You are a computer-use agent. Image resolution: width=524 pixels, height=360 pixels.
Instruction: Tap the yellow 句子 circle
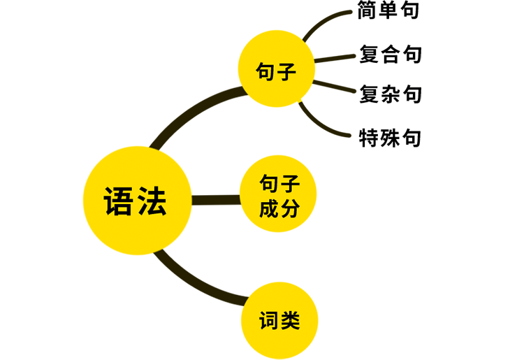(277, 71)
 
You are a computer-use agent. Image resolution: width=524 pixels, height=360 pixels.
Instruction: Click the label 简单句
(388, 12)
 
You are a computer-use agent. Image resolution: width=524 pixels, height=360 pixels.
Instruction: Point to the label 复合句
(391, 55)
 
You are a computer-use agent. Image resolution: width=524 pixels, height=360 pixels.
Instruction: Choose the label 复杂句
(391, 93)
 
